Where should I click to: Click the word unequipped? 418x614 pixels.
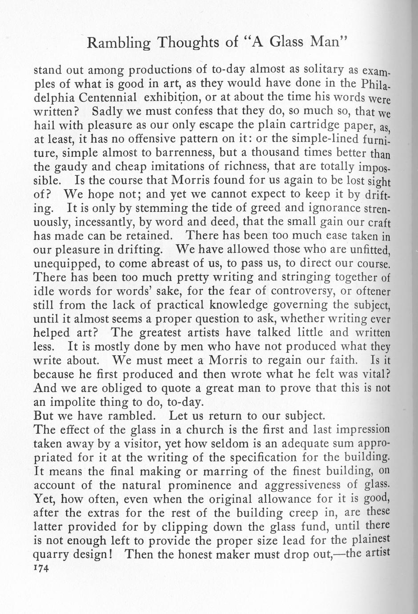click(x=66, y=263)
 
